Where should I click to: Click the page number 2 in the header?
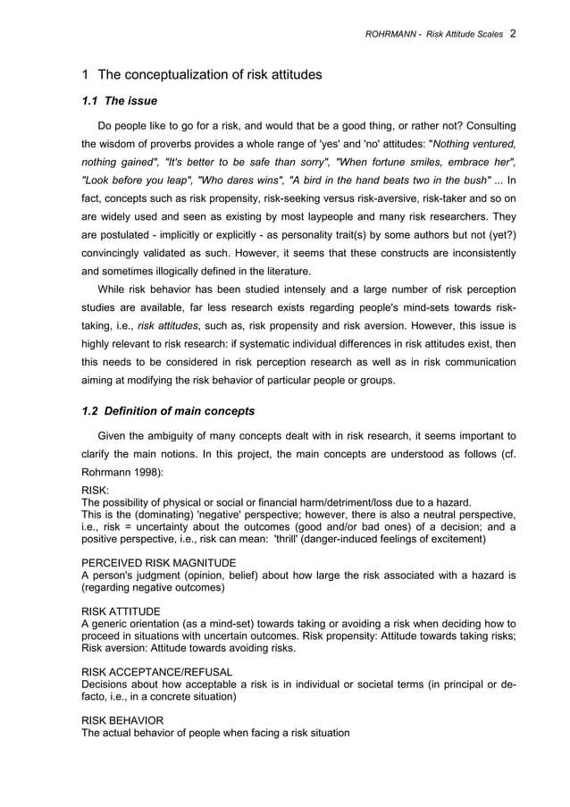[x=513, y=33]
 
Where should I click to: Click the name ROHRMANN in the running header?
[x=394, y=34]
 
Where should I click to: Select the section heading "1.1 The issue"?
[x=119, y=101]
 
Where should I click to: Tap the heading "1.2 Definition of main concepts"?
[x=168, y=412]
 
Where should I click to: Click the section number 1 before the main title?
[x=85, y=74]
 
